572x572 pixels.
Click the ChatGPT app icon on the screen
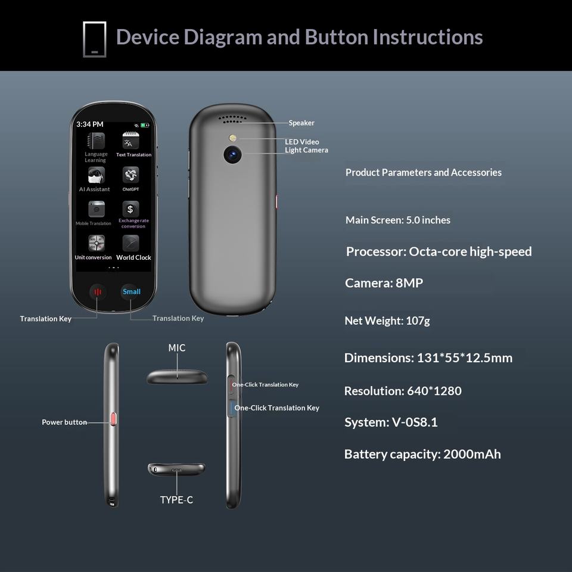[x=130, y=175]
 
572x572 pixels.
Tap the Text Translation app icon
[x=130, y=141]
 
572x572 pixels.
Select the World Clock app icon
[x=130, y=243]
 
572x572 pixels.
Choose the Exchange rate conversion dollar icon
[x=130, y=209]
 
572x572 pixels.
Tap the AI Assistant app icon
[x=97, y=175]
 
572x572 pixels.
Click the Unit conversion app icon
[x=97, y=243]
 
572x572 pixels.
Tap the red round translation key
[x=98, y=292]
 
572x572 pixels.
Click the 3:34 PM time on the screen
[x=90, y=125]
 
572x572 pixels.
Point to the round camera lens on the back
[x=232, y=155]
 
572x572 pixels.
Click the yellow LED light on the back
[x=231, y=139]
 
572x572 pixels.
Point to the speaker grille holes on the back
[x=232, y=119]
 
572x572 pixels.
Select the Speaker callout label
[x=301, y=123]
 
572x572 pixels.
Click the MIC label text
[x=177, y=348]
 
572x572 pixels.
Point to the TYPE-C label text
[x=176, y=500]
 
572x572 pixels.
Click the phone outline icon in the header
[x=94, y=39]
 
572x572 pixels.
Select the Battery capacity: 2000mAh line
[x=422, y=454]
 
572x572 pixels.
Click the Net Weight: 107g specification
[x=387, y=321]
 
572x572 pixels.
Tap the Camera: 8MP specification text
[x=384, y=283]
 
